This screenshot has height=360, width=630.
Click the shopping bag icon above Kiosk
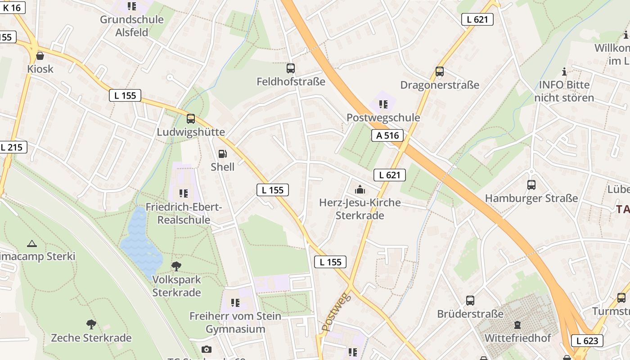tap(40, 56)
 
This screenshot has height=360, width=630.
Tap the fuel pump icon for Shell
tap(222, 154)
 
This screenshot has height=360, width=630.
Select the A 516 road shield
tap(387, 135)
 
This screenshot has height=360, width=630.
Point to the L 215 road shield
tap(12, 147)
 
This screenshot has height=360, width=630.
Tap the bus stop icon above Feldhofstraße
tap(291, 68)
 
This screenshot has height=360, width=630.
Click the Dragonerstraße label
tap(440, 85)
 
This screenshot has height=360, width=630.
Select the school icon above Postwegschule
tap(383, 104)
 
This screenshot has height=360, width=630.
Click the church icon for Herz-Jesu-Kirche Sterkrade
tap(360, 189)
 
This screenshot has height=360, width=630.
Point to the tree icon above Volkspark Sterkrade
tap(176, 266)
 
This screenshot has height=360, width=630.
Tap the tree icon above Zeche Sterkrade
tap(91, 324)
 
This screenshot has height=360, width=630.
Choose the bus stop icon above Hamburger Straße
tap(531, 185)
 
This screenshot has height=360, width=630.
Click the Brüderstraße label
tap(470, 314)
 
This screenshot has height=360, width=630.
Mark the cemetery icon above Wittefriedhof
tap(517, 324)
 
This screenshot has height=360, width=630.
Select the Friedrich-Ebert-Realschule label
tap(184, 214)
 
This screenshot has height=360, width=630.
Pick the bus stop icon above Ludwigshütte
tap(191, 119)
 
